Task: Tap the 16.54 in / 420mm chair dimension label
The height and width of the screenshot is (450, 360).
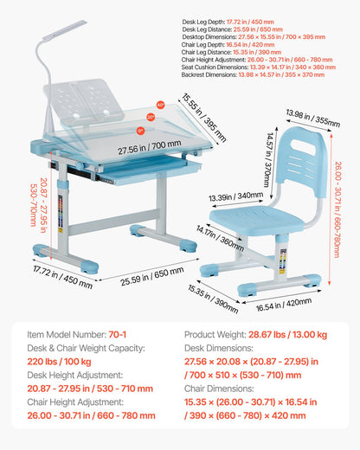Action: [286, 303]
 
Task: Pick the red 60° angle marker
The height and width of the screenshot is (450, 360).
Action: [160, 104]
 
